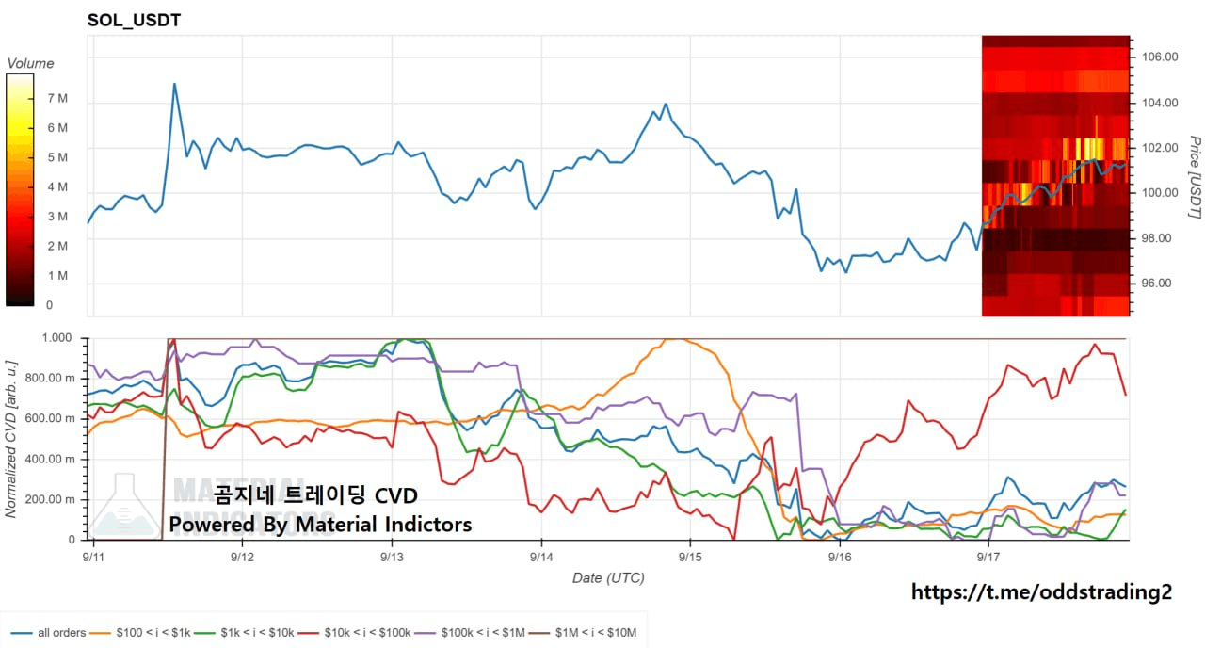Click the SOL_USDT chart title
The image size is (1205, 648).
(x=134, y=21)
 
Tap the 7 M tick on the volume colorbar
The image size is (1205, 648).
(x=57, y=99)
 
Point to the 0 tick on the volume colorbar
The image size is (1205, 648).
(x=50, y=305)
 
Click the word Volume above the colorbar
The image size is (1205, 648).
(x=30, y=63)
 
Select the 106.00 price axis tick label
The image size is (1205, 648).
(x=1160, y=57)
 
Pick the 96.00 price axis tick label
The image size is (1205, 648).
(x=1156, y=283)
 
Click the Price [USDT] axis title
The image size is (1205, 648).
(x=1195, y=177)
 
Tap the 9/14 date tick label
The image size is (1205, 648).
(x=541, y=557)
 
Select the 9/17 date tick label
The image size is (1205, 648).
(x=988, y=557)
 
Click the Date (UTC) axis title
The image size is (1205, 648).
(x=608, y=578)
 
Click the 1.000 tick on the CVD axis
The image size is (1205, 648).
(x=56, y=338)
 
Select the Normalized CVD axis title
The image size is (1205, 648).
(x=10, y=439)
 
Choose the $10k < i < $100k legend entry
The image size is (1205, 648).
(x=354, y=633)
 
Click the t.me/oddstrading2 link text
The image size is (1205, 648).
(x=1041, y=592)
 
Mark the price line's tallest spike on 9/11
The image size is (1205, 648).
(x=174, y=84)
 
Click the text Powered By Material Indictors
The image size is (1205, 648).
(x=321, y=525)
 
